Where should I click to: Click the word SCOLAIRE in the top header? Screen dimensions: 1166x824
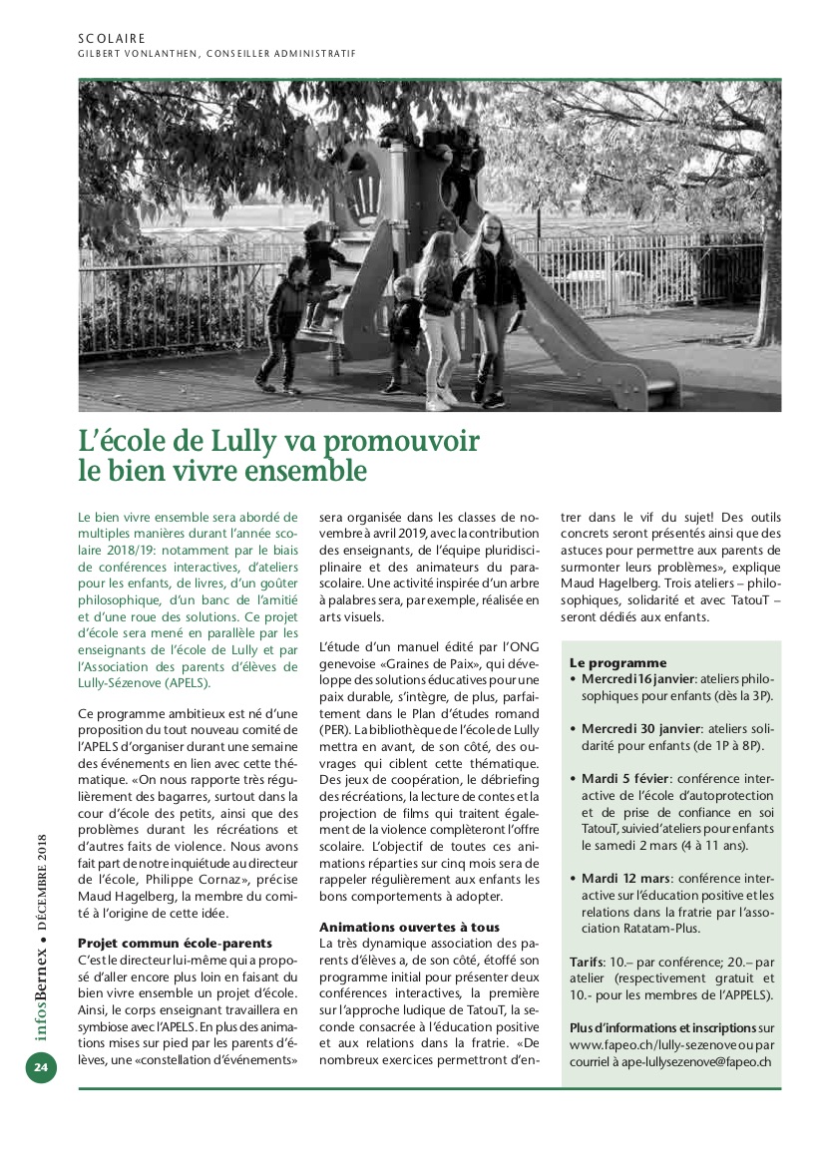[111, 39]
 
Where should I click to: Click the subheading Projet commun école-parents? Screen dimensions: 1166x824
[175, 943]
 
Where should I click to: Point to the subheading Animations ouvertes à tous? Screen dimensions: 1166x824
[410, 927]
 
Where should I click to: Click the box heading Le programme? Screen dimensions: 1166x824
[618, 662]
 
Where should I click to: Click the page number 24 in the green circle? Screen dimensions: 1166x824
[41, 1066]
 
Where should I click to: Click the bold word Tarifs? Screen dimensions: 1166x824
[588, 962]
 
